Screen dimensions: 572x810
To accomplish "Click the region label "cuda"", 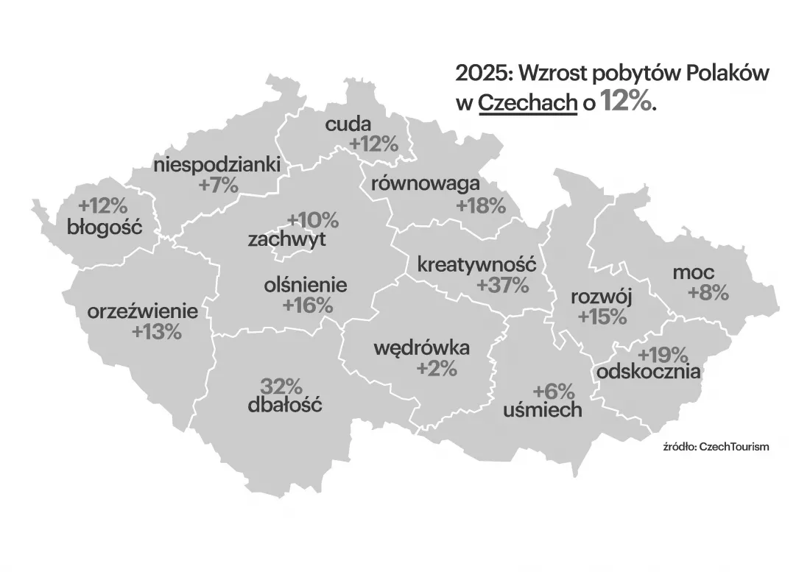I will tap(348, 124).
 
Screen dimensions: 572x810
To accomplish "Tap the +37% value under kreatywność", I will tap(503, 285).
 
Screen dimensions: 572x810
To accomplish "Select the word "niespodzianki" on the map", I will tap(217, 165).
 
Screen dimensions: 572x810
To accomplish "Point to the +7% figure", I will tap(219, 186).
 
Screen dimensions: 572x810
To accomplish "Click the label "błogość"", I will tap(104, 226).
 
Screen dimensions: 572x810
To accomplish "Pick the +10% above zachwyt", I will tap(313, 219).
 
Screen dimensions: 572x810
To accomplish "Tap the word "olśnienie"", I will tap(305, 285).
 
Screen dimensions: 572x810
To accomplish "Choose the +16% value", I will tap(308, 305).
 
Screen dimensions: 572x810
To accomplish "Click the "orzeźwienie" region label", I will tap(143, 311).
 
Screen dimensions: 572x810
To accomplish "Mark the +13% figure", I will tap(156, 331).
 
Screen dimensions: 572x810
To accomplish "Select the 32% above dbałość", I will tap(281, 385).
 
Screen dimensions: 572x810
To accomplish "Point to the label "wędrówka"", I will tap(422, 347).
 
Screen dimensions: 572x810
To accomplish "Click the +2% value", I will tap(437, 368).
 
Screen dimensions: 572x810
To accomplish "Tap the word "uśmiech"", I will tap(542, 410).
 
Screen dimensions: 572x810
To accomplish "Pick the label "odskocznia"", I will tap(648, 372).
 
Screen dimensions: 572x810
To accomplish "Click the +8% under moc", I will tap(708, 292).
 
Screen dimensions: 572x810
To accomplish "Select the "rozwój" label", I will tap(602, 297).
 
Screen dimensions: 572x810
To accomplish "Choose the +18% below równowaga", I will tap(481, 205).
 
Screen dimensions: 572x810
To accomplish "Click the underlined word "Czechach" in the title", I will tap(527, 102).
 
